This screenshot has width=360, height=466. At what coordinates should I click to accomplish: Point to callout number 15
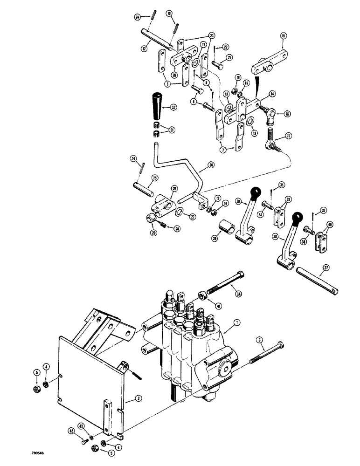point(284,36)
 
